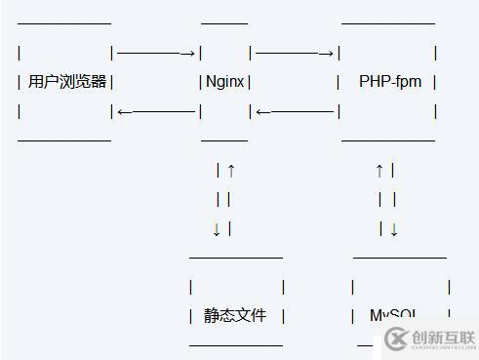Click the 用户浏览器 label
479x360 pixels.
[x=67, y=82]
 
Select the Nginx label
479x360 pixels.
[x=225, y=82]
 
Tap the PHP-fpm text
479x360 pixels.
[x=390, y=82]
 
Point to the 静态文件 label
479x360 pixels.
[x=234, y=315]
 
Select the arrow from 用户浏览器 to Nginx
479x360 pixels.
[x=156, y=53]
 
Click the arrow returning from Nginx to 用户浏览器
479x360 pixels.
[x=156, y=111]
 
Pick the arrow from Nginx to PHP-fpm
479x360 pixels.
[x=295, y=53]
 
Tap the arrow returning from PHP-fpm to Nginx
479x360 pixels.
[x=295, y=111]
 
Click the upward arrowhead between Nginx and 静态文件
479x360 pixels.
[x=230, y=171]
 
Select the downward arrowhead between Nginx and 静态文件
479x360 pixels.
[x=217, y=229]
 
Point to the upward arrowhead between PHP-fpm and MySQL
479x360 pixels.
[x=379, y=171]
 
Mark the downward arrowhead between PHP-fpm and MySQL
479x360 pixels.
[x=393, y=229]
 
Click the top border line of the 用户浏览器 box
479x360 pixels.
[x=64, y=21]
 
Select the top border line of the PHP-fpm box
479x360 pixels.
[x=388, y=21]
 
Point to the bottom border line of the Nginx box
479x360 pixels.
[x=223, y=140]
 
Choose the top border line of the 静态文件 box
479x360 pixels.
[x=235, y=258]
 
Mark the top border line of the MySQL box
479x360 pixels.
[x=399, y=258]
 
